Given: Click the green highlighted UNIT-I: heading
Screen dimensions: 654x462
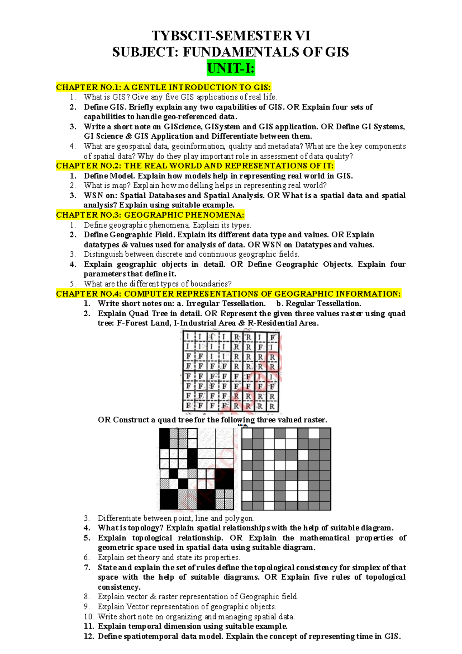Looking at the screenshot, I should click(231, 69).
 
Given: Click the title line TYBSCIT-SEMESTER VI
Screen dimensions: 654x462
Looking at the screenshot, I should click(231, 36).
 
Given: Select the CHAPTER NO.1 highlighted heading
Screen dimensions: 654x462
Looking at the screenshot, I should click(163, 87).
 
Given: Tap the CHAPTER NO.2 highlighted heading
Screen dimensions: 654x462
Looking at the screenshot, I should click(195, 166).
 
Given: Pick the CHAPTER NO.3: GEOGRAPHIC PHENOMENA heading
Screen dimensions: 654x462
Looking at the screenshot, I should click(150, 215).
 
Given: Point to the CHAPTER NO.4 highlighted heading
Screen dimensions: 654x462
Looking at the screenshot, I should click(228, 294).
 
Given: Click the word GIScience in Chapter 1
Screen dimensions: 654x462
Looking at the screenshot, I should click(182, 127).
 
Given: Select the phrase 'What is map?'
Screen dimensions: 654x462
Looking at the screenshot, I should click(107, 185).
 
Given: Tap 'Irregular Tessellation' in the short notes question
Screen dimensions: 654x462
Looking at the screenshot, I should click(226, 303).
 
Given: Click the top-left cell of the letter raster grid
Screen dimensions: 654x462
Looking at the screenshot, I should click(188, 337).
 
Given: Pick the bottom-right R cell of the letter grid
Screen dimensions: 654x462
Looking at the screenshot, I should click(272, 406).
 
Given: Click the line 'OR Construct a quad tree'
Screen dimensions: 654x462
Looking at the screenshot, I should click(212, 420).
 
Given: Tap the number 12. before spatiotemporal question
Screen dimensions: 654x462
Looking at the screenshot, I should click(89, 636).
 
